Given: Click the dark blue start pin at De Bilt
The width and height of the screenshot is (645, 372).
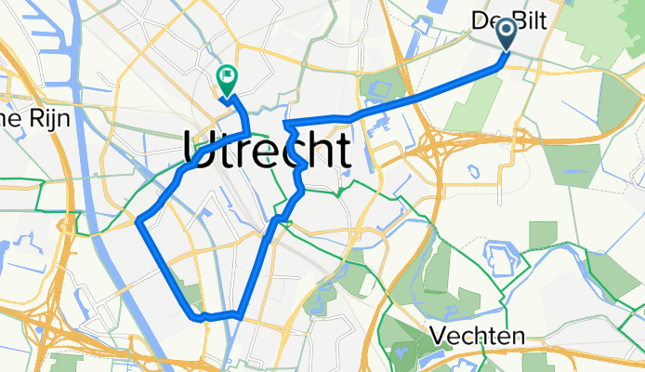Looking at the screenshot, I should click(x=507, y=35).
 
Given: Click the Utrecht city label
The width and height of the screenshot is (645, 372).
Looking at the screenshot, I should click(x=270, y=149).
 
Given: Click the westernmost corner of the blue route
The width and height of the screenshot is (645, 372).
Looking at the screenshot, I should click(x=139, y=221).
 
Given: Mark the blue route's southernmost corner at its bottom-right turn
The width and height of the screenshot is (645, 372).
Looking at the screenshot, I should click(x=240, y=317).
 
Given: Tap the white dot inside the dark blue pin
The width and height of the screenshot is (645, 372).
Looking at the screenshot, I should click(x=507, y=32).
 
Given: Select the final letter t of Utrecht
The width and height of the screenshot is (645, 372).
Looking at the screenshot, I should click(x=342, y=149).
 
